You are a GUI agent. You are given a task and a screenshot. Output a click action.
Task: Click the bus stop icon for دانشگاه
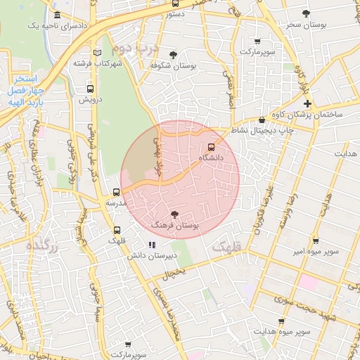(x=212, y=147)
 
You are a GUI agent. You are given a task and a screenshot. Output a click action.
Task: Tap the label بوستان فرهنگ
(x=175, y=225)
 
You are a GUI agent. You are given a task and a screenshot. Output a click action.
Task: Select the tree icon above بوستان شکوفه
(x=174, y=54)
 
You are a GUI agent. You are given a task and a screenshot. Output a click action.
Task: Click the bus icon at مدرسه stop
(x=117, y=191)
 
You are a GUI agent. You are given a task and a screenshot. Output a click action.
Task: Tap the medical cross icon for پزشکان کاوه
(x=307, y=103)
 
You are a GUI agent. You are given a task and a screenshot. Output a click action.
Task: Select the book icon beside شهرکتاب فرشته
(x=97, y=53)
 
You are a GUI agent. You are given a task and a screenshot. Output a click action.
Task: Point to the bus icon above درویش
(x=90, y=89)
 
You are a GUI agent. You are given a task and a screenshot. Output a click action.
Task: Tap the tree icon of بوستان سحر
(x=305, y=13)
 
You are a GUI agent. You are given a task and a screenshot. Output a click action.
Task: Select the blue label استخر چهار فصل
(x=27, y=84)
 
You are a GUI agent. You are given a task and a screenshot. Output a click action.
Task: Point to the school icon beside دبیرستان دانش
(x=151, y=245)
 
